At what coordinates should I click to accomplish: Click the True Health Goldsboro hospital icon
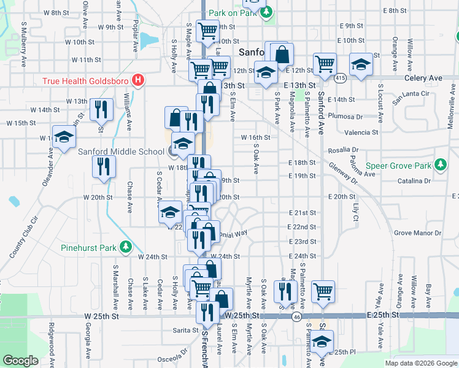[139, 80]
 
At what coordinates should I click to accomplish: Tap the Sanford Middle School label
[121, 152]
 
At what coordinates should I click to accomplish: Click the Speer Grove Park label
[399, 166]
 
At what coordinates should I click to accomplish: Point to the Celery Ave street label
[423, 79]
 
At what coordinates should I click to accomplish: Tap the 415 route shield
[340, 78]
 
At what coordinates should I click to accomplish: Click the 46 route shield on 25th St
[296, 316]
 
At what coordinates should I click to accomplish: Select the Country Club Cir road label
[25, 237]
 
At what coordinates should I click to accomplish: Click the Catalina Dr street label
[413, 182]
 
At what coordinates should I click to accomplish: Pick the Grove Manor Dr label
[417, 233]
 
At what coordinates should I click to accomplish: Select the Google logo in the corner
[20, 361]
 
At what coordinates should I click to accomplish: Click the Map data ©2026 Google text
[421, 363]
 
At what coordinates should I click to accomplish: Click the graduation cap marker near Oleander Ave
[63, 137]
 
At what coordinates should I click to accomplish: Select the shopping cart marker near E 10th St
[325, 63]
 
